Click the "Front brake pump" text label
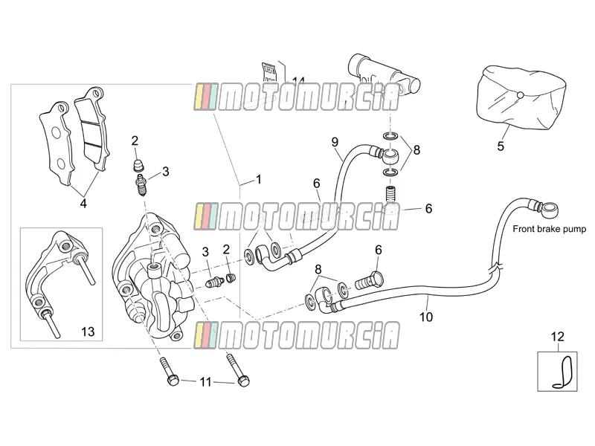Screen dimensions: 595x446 click(x=549, y=229)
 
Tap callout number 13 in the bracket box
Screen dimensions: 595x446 click(x=88, y=332)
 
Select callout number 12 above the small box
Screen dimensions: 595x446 click(x=557, y=337)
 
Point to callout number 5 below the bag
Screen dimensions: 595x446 click(x=501, y=146)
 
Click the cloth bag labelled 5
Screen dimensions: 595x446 click(x=521, y=97)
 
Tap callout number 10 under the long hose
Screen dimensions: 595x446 click(x=426, y=317)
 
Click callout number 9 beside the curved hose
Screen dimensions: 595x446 click(x=335, y=142)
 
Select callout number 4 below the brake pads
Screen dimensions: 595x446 click(x=83, y=204)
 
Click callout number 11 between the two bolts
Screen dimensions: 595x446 click(x=205, y=381)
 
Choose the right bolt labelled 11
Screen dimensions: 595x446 click(x=238, y=369)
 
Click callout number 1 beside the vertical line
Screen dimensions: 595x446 click(x=258, y=179)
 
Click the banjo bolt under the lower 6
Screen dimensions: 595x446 click(x=369, y=281)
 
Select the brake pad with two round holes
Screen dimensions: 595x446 click(x=55, y=144)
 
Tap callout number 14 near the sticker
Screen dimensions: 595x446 click(x=299, y=80)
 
